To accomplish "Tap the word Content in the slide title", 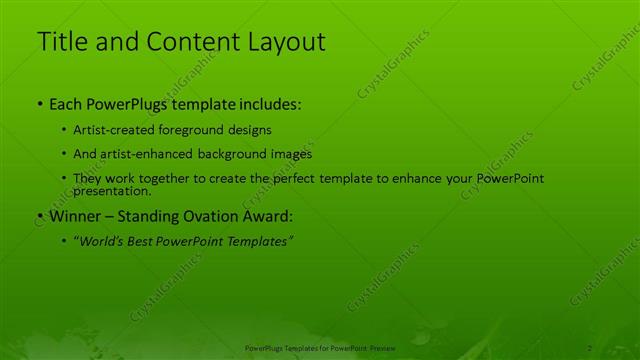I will tap(193, 42).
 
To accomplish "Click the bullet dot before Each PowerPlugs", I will tap(39, 104).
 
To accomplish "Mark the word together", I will tap(159, 178).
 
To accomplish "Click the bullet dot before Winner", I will tap(39, 215).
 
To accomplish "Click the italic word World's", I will tap(102, 241).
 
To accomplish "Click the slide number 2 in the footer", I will tap(590, 348).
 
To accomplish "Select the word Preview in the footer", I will tap(382, 348).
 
